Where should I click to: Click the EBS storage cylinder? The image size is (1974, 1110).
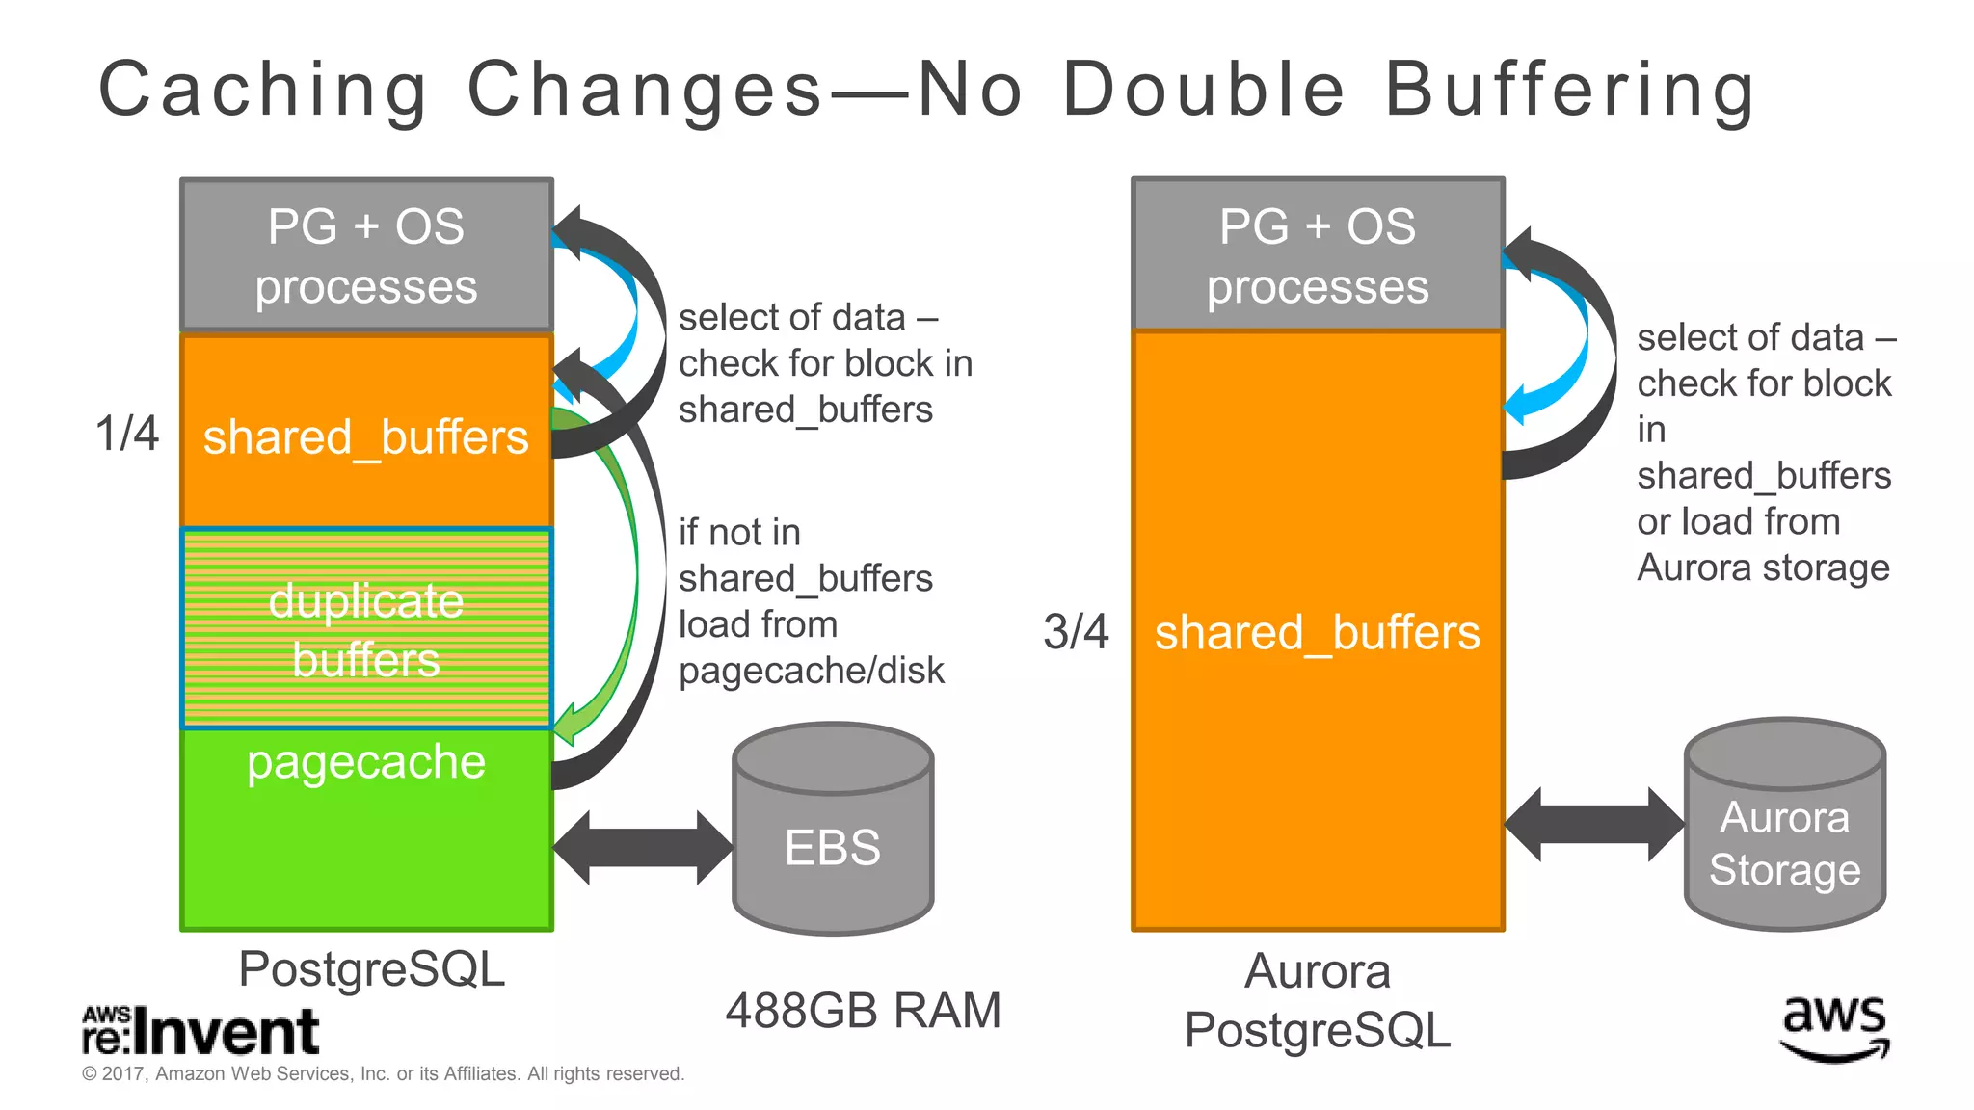tap(833, 831)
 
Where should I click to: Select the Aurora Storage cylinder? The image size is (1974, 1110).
tap(1784, 827)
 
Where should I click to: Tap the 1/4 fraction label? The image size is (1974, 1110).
tap(127, 434)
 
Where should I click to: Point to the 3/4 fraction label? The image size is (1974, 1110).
tap(1076, 633)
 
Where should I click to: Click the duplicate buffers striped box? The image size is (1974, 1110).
tap(366, 628)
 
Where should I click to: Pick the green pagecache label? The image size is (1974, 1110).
tap(366, 762)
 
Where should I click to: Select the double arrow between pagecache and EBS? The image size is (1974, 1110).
tap(643, 847)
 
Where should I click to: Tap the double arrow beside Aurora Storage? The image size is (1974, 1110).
tap(1594, 824)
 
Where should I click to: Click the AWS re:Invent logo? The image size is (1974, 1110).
tap(200, 1032)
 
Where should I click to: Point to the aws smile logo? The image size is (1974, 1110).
tap(1834, 1028)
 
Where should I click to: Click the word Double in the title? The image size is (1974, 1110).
tap(1204, 90)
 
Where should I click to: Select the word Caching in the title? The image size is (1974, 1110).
tap(263, 90)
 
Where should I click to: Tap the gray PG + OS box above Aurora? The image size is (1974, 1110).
tap(1318, 255)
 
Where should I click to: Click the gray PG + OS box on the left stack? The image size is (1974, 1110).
tap(366, 255)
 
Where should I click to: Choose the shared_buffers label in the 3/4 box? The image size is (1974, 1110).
tap(1318, 633)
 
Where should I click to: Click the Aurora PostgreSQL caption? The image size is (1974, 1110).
tap(1318, 1000)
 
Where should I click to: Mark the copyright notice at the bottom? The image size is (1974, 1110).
tap(383, 1074)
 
